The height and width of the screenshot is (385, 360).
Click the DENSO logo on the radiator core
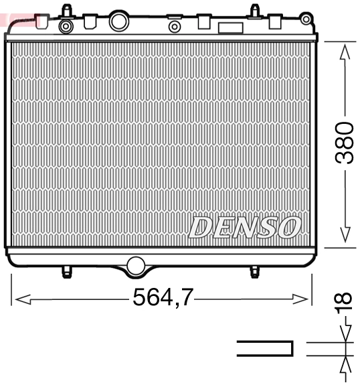pyautogui.click(x=245, y=228)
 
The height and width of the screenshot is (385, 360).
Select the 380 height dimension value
pyautogui.click(x=344, y=143)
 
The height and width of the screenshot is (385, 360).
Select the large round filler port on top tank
pyautogui.click(x=118, y=21)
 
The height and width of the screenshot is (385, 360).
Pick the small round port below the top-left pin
pyautogui.click(x=66, y=26)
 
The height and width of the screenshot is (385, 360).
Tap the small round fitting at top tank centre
pyautogui.click(x=175, y=26)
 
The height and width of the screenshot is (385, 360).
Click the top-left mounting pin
pyautogui.click(x=66, y=10)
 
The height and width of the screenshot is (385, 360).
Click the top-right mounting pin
pyautogui.click(x=254, y=10)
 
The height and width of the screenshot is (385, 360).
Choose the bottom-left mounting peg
pyautogui.click(x=66, y=272)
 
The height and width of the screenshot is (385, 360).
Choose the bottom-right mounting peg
pyautogui.click(x=254, y=272)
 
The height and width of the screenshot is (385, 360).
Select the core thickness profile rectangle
pyautogui.click(x=265, y=348)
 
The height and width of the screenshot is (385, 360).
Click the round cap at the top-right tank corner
pyautogui.click(x=307, y=20)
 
